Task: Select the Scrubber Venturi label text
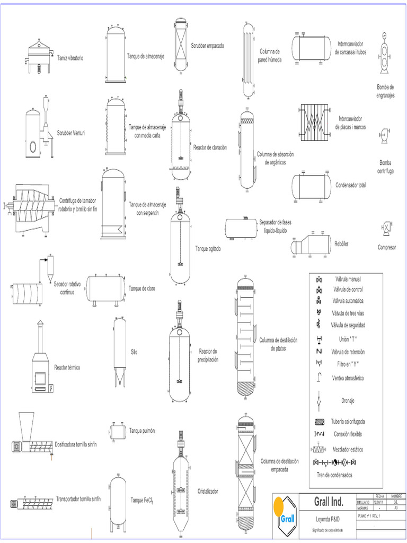point(71,133)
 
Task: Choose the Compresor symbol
point(387,227)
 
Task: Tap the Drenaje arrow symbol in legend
point(319,400)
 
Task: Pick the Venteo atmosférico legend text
point(348,379)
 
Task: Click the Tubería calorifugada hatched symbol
point(319,422)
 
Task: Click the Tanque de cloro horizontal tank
point(106,288)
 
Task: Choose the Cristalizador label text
point(208,491)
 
